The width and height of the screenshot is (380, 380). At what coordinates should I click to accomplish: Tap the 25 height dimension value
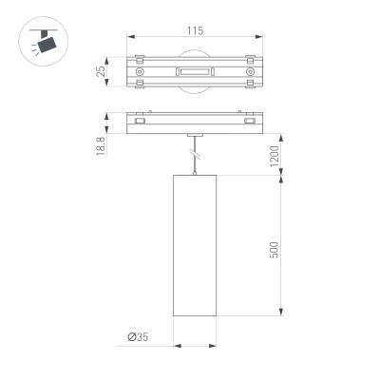[x=102, y=72]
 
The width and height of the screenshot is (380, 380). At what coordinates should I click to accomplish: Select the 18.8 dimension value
[x=102, y=143]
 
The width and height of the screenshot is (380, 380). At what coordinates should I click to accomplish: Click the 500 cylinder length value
[x=275, y=249]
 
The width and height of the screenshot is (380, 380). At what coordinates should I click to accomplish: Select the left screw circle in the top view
[x=141, y=72]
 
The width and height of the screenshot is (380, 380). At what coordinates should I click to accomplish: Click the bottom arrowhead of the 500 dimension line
[x=282, y=316]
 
